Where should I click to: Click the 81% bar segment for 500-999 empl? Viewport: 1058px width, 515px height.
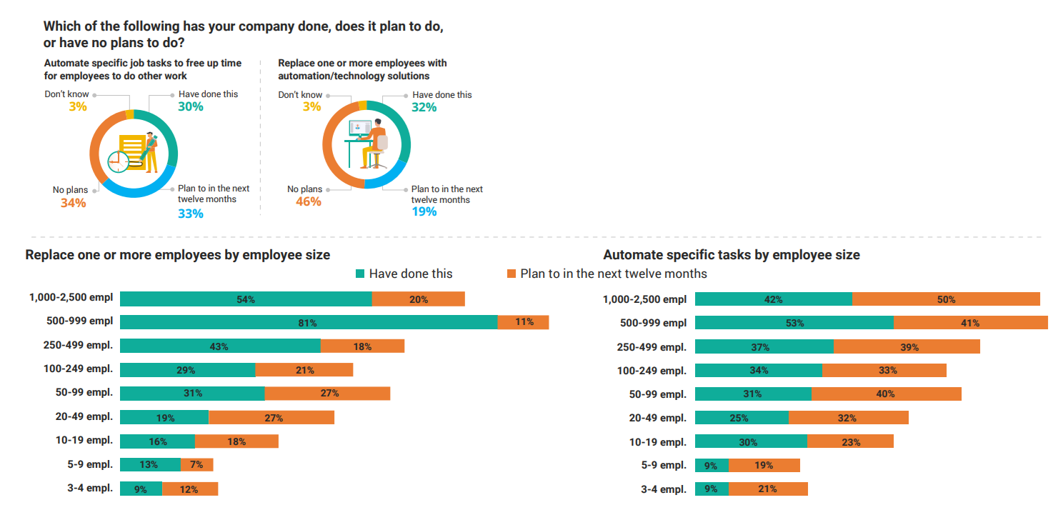click(x=309, y=322)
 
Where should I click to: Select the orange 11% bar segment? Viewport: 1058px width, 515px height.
click(x=524, y=322)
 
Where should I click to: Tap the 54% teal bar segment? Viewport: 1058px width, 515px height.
click(x=246, y=299)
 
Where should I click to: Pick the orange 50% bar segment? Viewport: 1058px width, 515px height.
click(x=946, y=299)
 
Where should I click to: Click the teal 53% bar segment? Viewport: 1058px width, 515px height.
click(x=794, y=323)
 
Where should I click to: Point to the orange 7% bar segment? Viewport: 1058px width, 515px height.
click(x=197, y=464)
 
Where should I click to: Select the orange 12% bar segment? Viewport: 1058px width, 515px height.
click(x=190, y=489)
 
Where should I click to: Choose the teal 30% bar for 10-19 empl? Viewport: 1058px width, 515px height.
click(x=751, y=441)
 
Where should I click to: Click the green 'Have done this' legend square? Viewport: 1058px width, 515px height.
click(x=360, y=274)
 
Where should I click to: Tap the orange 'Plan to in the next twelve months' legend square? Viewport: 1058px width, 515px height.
click(x=511, y=274)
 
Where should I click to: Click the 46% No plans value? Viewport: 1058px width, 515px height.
click(x=309, y=201)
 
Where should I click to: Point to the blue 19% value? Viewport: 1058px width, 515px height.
click(x=424, y=211)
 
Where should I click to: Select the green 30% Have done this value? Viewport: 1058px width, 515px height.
click(x=191, y=106)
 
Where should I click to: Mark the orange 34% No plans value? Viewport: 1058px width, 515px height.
click(x=73, y=203)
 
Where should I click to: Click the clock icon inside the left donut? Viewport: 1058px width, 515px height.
click(x=118, y=162)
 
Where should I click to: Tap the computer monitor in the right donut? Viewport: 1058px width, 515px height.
click(x=360, y=128)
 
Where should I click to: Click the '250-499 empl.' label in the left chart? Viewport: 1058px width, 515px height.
click(x=78, y=345)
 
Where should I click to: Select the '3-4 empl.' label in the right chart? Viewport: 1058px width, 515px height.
click(x=663, y=489)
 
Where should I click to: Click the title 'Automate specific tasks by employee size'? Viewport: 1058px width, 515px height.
click(x=732, y=255)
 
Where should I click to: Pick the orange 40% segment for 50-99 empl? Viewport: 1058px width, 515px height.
click(x=886, y=394)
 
